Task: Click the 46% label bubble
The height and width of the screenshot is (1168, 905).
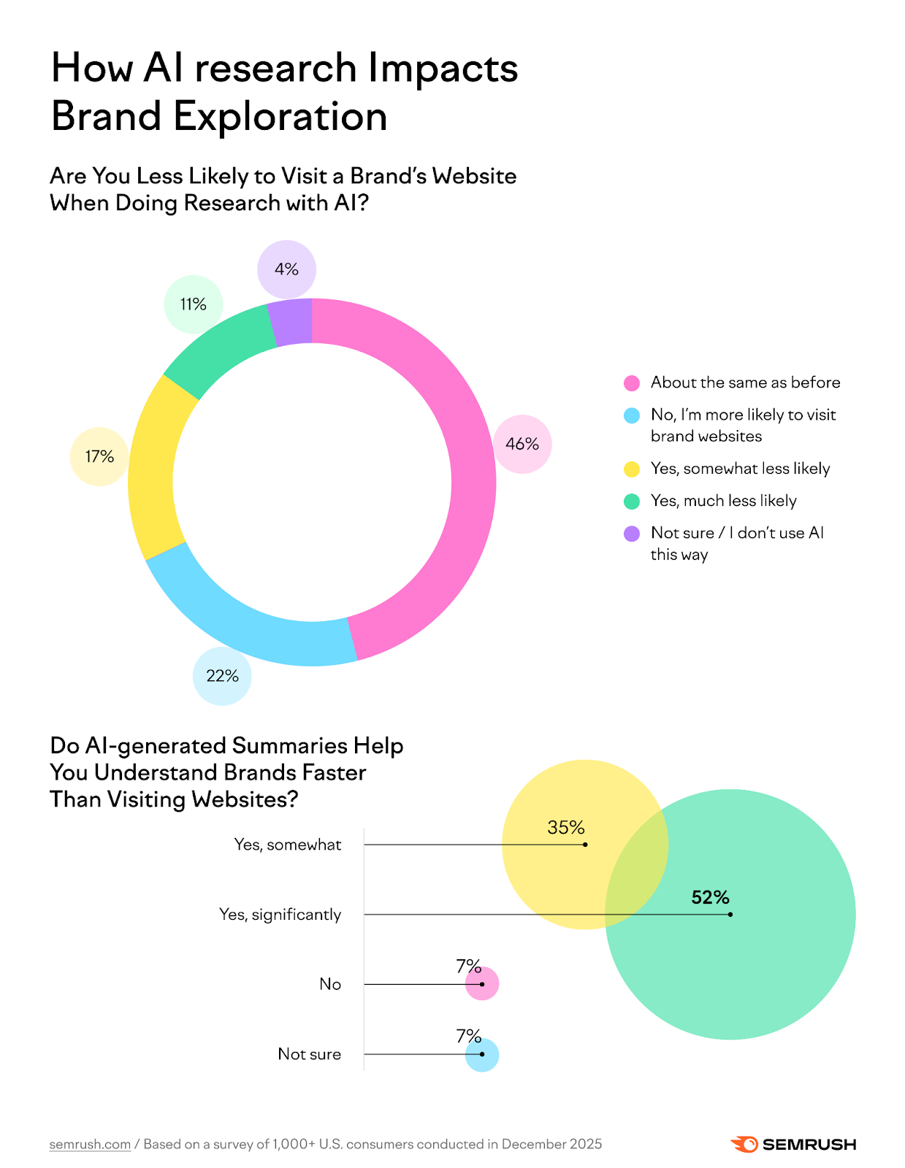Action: tap(522, 444)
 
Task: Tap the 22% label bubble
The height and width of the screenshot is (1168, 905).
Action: tap(222, 676)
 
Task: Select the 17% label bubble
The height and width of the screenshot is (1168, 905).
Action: tap(99, 456)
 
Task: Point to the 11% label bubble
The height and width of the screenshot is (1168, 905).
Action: tap(193, 304)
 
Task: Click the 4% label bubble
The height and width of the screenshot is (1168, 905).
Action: tap(286, 269)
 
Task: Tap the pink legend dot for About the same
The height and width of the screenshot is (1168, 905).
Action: tap(632, 383)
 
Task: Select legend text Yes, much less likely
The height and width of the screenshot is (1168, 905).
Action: tap(723, 501)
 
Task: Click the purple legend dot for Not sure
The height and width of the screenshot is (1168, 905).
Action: tap(632, 534)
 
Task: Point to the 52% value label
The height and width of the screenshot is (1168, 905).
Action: tap(710, 897)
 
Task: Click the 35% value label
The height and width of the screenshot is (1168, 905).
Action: tap(566, 827)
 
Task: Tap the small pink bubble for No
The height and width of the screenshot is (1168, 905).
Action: tap(483, 984)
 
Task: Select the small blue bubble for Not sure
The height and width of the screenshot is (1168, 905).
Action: tap(483, 1055)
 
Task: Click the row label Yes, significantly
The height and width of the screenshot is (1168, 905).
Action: tap(280, 915)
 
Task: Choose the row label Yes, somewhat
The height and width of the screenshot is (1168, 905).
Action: tap(287, 845)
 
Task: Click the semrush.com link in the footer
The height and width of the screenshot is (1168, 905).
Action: tap(90, 1144)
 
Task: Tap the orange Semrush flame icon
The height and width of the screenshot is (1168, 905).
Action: tap(744, 1144)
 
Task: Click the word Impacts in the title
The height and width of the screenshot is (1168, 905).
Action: tap(443, 68)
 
